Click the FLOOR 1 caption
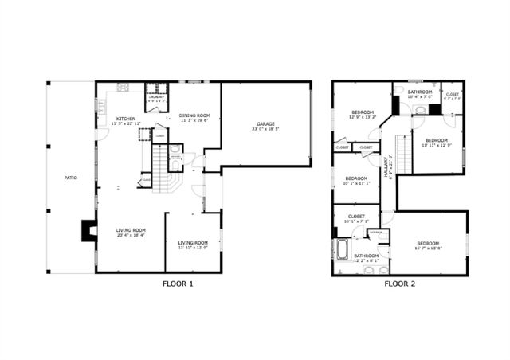177,284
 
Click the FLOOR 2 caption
401,284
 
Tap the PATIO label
71,178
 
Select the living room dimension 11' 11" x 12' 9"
194,248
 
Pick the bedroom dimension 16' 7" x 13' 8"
428,248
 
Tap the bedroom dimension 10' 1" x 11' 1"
356,183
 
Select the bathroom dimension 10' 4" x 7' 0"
420,96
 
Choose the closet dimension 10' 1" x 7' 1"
356,221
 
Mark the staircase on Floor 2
404,154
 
